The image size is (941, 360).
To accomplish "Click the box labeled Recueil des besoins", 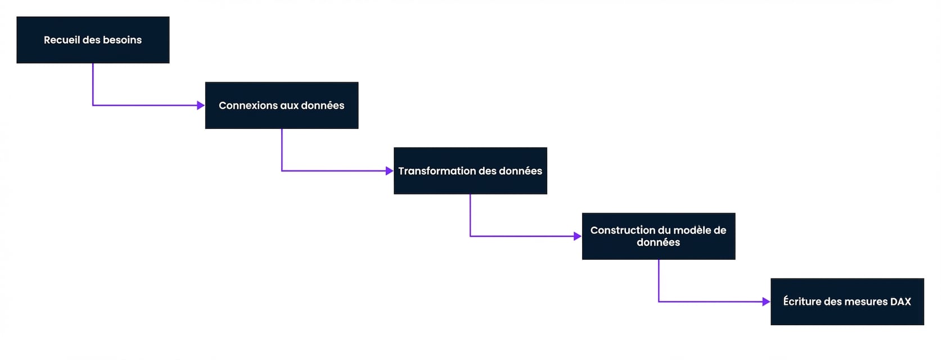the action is pyautogui.click(x=93, y=40).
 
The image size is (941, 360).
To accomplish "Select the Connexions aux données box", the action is pyautogui.click(x=281, y=105).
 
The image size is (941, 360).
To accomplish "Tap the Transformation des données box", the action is pyautogui.click(x=470, y=171).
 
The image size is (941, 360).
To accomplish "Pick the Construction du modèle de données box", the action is pyautogui.click(x=659, y=236).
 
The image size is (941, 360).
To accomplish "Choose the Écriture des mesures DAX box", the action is pyautogui.click(x=847, y=301).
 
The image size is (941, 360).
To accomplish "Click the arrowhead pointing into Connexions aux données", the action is pyautogui.click(x=201, y=105).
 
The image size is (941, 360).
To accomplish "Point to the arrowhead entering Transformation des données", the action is pyautogui.click(x=389, y=171).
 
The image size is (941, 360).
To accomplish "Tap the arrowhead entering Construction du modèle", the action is pyautogui.click(x=578, y=236).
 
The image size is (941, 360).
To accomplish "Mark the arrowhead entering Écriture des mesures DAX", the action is pyautogui.click(x=766, y=301).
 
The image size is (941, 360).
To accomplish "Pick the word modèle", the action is pyautogui.click(x=691, y=230).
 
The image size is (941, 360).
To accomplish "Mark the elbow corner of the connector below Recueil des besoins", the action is pyautogui.click(x=93, y=105).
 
